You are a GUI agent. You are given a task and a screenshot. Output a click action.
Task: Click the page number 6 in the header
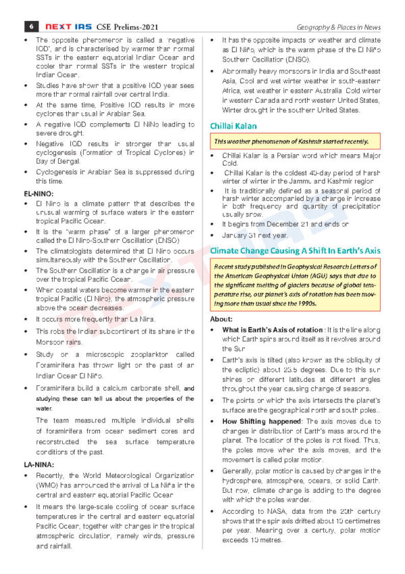(32, 26)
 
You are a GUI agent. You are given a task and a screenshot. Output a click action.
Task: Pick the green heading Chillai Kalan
(233, 126)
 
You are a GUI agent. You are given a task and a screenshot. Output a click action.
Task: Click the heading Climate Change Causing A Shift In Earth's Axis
(295, 250)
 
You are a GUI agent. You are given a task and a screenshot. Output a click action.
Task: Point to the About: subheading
(221, 318)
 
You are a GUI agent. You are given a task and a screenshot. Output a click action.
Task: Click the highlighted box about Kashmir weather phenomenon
(296, 141)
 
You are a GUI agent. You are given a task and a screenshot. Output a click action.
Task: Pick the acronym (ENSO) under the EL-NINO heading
(169, 240)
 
